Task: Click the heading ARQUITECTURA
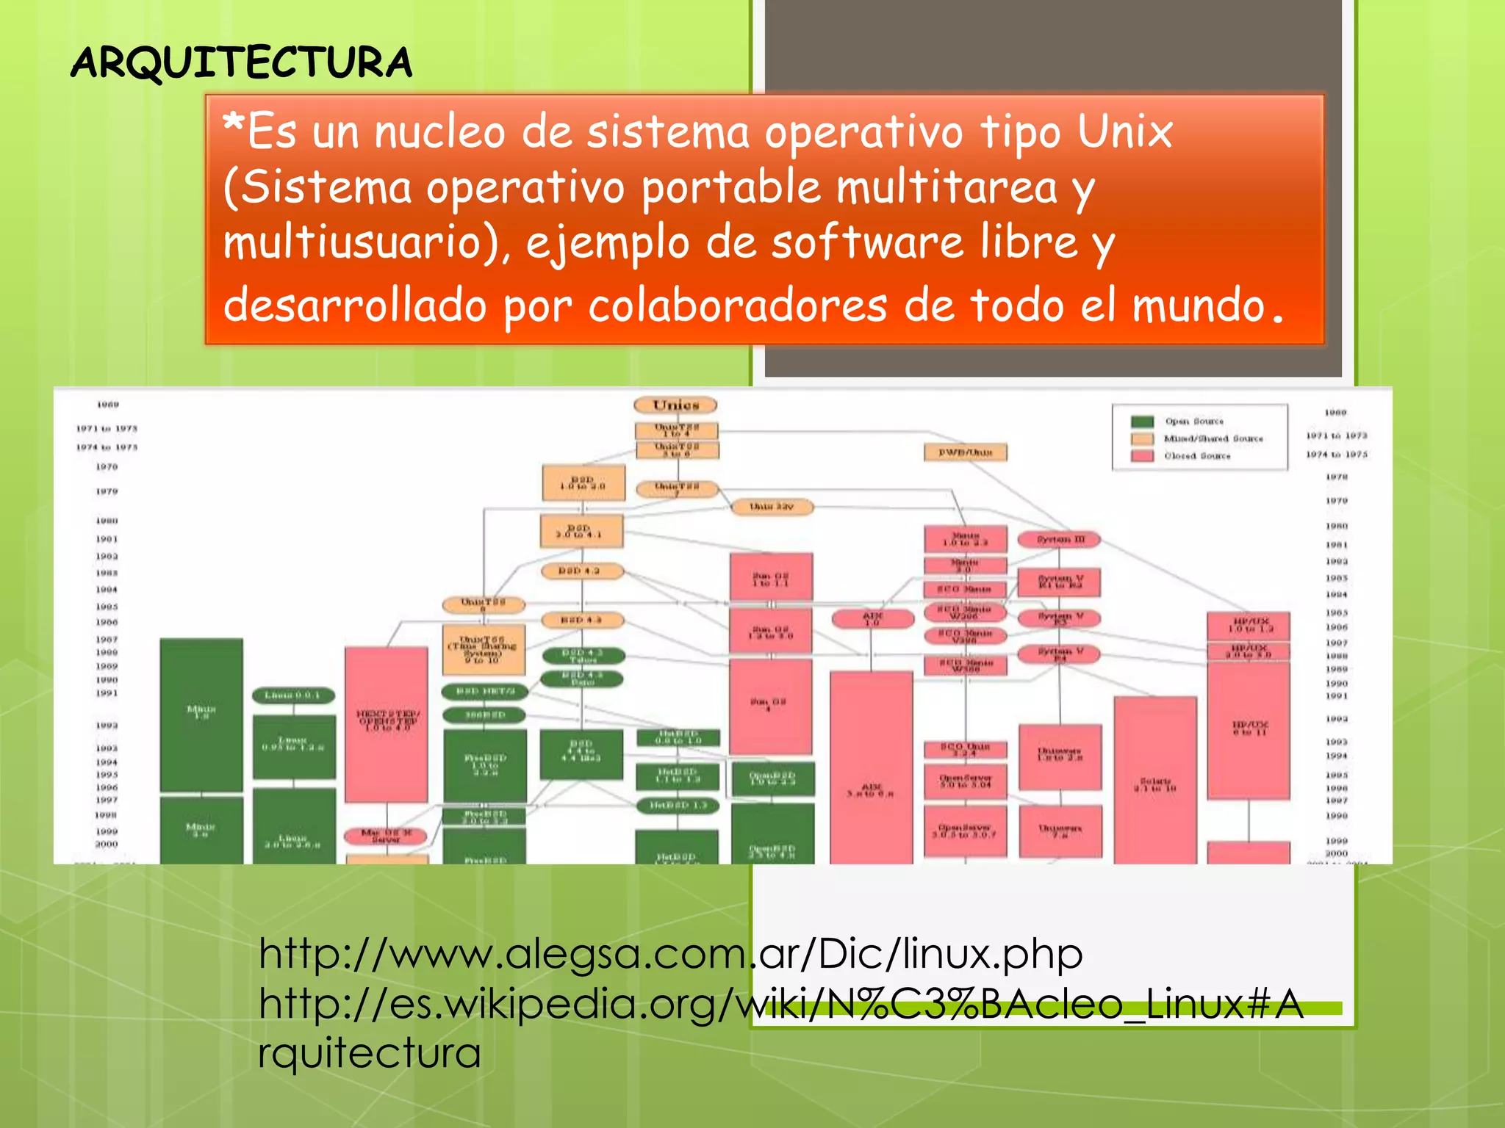coord(241,62)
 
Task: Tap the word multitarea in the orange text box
coord(947,187)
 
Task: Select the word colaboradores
coord(737,305)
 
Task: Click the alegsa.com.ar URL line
coord(670,954)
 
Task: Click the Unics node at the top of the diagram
coord(675,405)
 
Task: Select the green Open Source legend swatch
coord(1142,422)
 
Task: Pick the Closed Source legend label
coord(1197,456)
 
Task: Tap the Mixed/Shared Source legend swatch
coord(1142,438)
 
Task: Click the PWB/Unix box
coord(965,452)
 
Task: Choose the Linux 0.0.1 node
coord(293,695)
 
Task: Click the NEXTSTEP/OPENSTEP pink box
coord(387,723)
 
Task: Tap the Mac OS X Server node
coord(387,835)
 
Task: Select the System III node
coord(1059,540)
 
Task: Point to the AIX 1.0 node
coord(872,619)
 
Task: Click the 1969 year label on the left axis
coord(108,405)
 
